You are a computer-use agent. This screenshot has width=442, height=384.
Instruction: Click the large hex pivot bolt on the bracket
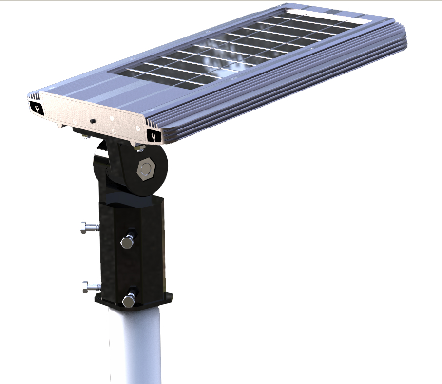tap(145, 169)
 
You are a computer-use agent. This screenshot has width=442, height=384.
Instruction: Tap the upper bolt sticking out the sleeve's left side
tap(88, 227)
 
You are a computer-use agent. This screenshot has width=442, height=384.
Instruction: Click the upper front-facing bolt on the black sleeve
tap(127, 242)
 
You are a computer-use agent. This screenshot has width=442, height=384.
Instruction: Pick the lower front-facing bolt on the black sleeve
tap(129, 300)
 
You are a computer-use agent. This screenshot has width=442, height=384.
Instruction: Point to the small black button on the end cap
tap(92, 120)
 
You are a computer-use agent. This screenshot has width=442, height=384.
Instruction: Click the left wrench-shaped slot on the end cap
tap(36, 108)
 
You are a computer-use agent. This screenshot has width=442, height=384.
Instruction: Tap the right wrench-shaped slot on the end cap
tap(153, 136)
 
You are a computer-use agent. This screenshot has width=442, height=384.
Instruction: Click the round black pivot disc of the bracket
tap(158, 180)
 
